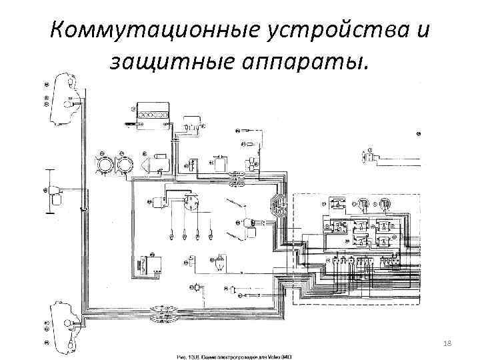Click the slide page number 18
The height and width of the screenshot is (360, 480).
(x=447, y=342)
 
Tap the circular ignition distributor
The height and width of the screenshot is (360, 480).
(x=191, y=201)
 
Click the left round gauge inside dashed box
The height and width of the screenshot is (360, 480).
(x=364, y=203)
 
